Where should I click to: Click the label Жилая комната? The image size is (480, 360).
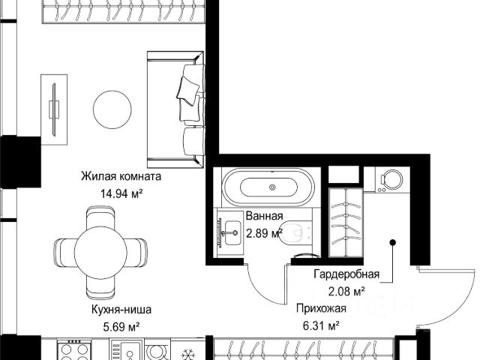(x=121, y=177)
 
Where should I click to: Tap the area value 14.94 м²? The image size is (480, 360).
(x=121, y=193)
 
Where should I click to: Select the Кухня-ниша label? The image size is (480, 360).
(x=121, y=310)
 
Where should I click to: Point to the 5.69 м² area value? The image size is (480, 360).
(x=121, y=327)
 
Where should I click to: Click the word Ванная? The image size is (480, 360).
(x=265, y=216)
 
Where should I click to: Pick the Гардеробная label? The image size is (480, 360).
(x=346, y=274)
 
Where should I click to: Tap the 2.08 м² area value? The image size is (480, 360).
(x=346, y=291)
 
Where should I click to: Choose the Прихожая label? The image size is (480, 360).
(x=321, y=308)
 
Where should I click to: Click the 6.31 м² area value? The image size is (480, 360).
(x=321, y=325)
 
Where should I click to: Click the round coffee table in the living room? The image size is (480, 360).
(x=112, y=109)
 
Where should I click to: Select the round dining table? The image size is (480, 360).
(x=100, y=253)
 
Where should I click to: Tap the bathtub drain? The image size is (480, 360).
(x=272, y=187)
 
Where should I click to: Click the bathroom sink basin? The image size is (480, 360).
(x=232, y=232)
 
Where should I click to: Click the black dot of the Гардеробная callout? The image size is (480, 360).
(x=393, y=243)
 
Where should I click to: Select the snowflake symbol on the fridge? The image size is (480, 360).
(x=187, y=355)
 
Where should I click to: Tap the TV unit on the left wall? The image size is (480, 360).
(x=54, y=109)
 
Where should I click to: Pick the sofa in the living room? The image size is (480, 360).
(x=175, y=109)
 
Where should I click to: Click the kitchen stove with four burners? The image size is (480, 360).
(x=73, y=349)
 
